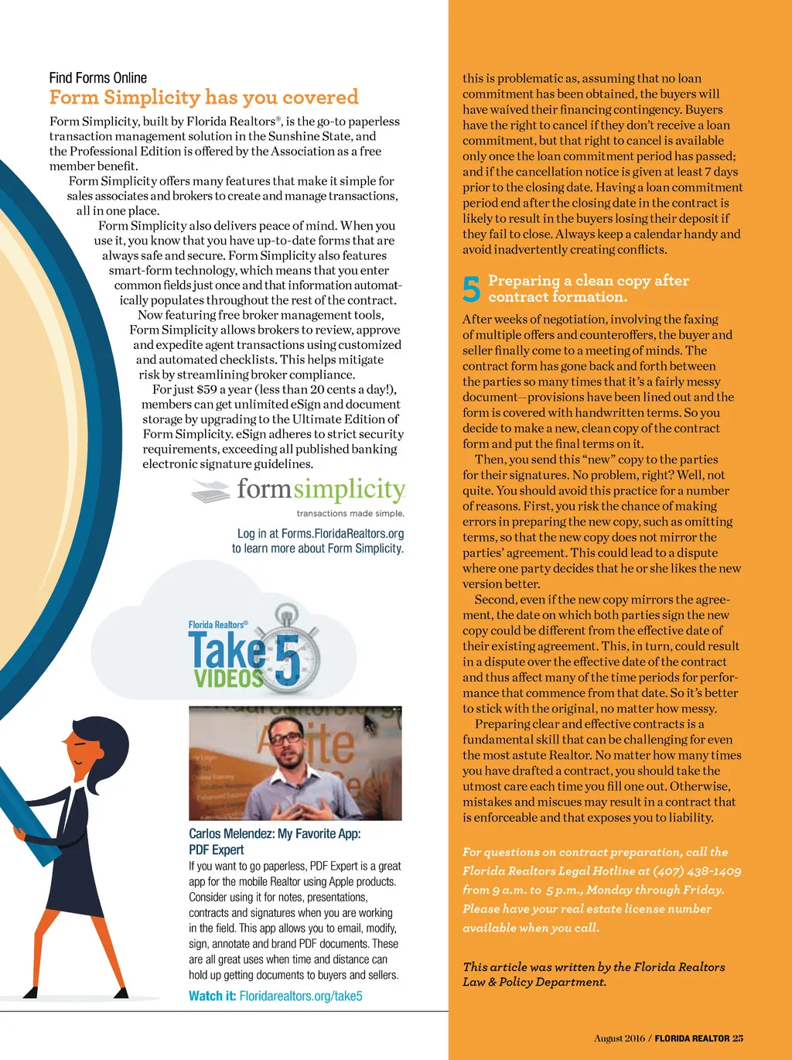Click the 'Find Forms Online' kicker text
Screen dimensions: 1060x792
[97, 78]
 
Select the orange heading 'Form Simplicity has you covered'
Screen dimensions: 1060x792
[203, 97]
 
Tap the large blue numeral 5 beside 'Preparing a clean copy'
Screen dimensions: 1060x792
[471, 289]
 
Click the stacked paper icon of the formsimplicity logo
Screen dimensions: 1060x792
[210, 491]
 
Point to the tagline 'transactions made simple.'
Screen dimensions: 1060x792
[350, 513]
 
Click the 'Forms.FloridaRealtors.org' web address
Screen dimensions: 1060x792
[343, 533]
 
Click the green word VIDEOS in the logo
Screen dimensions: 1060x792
[228, 679]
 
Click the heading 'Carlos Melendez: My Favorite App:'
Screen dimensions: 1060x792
[275, 833]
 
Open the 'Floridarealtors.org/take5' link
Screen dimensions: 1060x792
[301, 996]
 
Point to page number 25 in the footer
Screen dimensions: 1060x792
[738, 1038]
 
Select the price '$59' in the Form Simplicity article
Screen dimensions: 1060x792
[207, 389]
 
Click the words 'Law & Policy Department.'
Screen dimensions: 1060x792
[534, 982]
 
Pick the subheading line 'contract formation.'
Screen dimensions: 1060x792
[558, 297]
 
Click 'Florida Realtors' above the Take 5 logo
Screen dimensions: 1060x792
[218, 624]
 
